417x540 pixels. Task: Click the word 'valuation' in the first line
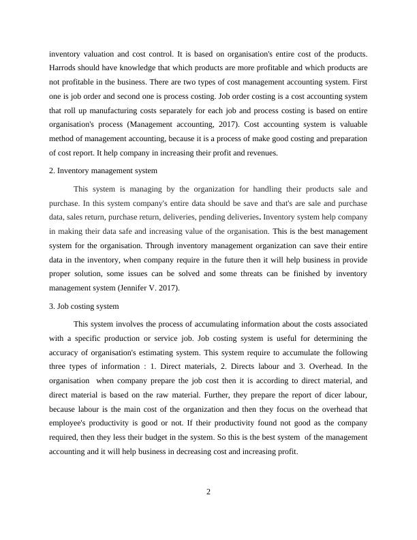tap(97, 54)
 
